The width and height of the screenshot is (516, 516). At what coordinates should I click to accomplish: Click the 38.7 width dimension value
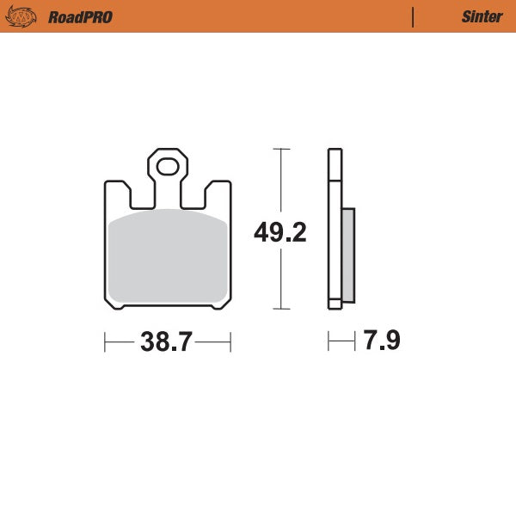[x=167, y=342]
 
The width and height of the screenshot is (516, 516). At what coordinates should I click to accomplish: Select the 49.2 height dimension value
[x=279, y=231]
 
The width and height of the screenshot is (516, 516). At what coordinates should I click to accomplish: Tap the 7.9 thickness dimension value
[x=381, y=341]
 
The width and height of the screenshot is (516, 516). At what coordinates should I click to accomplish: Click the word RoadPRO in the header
[x=80, y=17]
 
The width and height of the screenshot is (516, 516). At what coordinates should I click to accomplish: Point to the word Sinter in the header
[x=482, y=17]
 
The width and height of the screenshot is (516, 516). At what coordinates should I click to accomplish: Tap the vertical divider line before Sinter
[x=413, y=17]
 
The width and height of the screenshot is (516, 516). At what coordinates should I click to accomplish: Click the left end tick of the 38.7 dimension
[x=105, y=342]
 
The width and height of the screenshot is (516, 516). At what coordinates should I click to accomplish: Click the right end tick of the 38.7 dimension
[x=230, y=342]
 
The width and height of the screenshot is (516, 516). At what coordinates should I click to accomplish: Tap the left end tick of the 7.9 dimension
[x=329, y=342]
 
